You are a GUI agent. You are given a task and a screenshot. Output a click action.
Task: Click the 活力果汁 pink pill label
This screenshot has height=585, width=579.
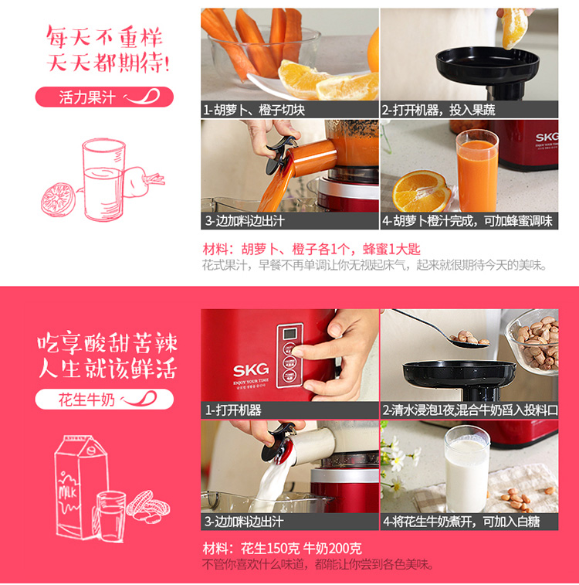tap(104, 97)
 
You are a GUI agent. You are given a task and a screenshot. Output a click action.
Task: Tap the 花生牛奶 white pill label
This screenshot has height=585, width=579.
tap(104, 400)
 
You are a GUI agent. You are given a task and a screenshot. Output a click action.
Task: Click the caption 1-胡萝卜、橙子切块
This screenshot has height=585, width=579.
tap(254, 110)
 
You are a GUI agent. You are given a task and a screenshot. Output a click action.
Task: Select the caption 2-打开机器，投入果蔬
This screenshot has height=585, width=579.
tap(438, 110)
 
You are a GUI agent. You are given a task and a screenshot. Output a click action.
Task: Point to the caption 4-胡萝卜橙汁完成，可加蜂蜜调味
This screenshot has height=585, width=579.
tap(467, 221)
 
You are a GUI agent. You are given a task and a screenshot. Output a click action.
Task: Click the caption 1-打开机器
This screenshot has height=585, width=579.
tap(233, 410)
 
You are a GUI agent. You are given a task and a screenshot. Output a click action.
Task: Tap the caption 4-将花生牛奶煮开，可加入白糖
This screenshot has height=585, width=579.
tap(461, 521)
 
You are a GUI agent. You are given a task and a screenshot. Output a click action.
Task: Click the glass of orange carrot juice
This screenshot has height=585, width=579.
tap(477, 171)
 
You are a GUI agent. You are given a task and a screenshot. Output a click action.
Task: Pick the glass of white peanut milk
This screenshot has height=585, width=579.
tap(466, 469)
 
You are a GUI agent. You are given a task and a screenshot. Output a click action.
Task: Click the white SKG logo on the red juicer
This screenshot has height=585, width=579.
tap(251, 369)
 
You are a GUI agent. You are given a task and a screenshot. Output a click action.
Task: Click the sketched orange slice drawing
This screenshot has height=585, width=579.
tap(58, 199)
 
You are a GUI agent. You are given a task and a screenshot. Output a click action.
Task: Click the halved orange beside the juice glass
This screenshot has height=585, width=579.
tap(422, 191)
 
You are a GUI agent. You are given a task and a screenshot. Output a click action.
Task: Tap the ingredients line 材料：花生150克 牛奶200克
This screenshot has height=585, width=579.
tap(282, 549)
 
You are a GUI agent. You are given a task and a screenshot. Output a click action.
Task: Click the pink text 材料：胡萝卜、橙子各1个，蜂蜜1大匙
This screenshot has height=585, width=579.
tap(311, 249)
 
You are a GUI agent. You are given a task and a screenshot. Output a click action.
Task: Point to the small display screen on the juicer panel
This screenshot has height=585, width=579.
tap(289, 334)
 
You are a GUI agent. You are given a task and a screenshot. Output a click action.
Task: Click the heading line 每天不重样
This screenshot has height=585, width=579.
tap(104, 37)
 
